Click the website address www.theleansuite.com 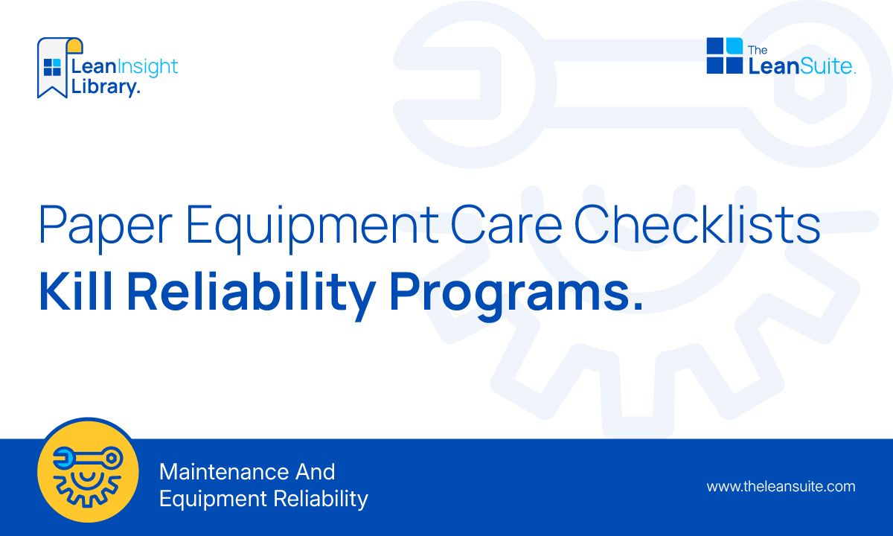(781, 487)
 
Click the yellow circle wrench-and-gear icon (88, 470)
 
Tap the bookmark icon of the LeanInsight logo (52, 67)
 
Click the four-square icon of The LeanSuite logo (724, 56)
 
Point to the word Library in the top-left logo (103, 86)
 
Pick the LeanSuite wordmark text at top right (801, 66)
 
